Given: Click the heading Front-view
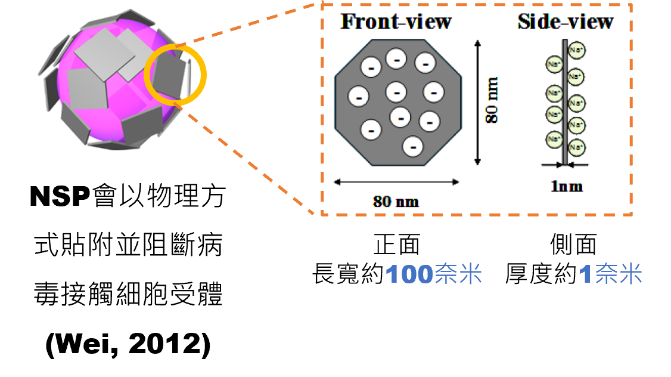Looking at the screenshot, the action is (396, 21).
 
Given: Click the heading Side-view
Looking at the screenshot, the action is (566, 21).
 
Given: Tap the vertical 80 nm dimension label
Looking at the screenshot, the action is (492, 100).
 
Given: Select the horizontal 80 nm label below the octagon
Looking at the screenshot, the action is (396, 202).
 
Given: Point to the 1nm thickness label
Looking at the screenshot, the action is (567, 186).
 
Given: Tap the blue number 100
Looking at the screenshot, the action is (409, 274).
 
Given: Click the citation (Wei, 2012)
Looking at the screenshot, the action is (128, 344).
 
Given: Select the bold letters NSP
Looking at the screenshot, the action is (60, 197).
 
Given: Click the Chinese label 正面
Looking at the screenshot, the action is (397, 245).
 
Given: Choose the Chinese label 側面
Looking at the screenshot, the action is (573, 245).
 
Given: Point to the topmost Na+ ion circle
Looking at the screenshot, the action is (576, 50).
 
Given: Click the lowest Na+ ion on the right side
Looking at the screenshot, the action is (576, 147).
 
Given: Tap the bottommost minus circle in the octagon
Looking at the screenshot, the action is (413, 147).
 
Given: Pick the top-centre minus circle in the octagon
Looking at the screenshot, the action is (396, 58).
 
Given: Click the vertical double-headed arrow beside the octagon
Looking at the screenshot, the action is (477, 103).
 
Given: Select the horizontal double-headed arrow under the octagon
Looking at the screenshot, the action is (396, 182).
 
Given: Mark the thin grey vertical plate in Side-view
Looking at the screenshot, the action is (565, 102).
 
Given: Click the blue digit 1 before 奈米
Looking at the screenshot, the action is (585, 274).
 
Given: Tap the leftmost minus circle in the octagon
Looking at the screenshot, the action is (359, 96).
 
